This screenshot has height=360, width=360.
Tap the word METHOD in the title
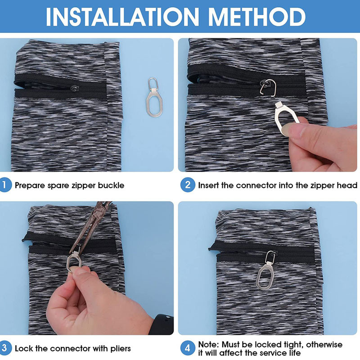[x=256, y=17]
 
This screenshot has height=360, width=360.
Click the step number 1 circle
[x=5, y=185]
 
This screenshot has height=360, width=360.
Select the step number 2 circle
[x=188, y=185]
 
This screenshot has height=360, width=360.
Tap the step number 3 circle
[x=5, y=348]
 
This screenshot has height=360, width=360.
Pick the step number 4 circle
[x=188, y=348]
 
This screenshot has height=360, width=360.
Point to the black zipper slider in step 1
[x=75, y=88]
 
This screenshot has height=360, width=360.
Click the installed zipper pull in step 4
[x=267, y=270]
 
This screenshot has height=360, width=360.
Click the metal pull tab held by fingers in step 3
[x=74, y=261]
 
